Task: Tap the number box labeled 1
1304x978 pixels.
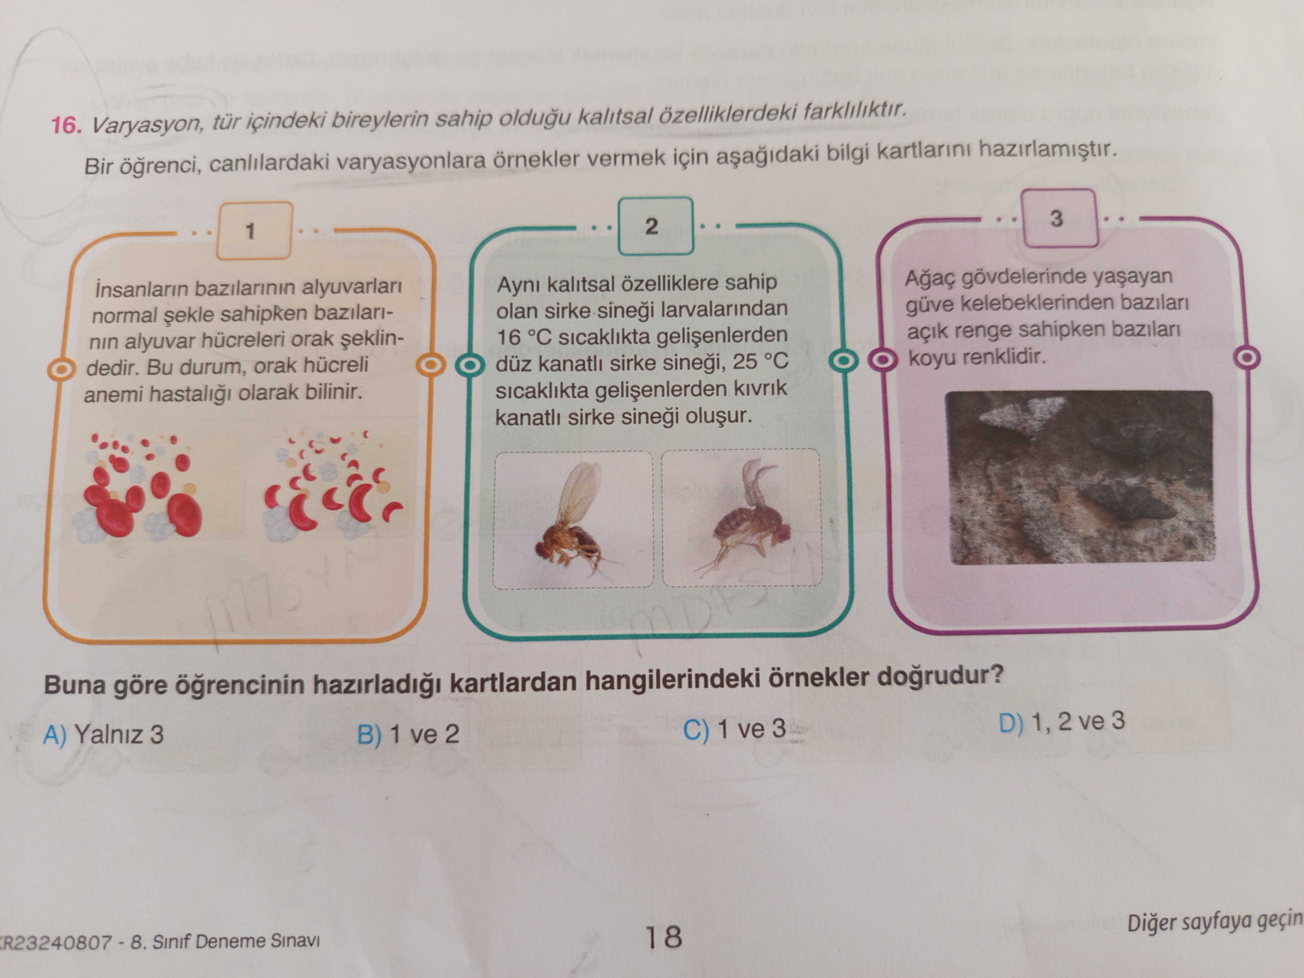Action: tap(254, 230)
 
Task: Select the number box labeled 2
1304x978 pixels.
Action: tap(655, 226)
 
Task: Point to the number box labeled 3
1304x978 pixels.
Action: tap(1059, 218)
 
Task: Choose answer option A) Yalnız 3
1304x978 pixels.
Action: tap(103, 734)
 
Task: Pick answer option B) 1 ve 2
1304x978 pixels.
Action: tap(408, 734)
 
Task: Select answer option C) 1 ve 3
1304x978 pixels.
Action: tap(734, 729)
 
